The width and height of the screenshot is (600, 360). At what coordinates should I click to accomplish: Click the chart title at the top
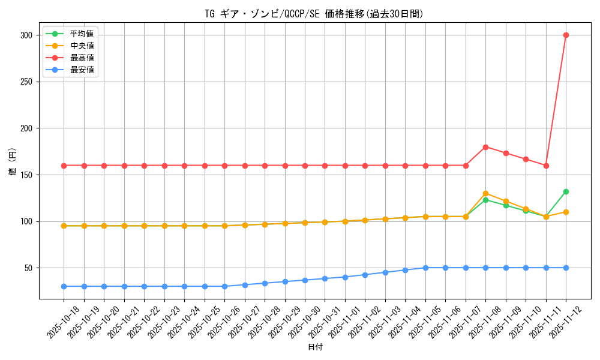314,14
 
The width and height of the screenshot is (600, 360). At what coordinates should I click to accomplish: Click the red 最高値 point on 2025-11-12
566,35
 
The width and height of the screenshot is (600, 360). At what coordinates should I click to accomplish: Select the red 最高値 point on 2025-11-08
485,147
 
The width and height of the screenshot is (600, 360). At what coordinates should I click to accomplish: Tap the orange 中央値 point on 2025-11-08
485,193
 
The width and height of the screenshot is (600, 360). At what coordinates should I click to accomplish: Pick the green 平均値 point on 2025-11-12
566,191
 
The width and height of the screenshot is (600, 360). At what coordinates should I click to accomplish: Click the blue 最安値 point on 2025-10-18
64,286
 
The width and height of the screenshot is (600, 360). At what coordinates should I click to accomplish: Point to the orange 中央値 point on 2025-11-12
566,212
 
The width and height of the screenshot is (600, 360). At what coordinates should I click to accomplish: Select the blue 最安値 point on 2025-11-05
425,268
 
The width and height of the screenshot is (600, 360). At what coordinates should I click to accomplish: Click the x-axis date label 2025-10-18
62,322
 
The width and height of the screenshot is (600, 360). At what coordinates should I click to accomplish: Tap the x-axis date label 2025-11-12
565,322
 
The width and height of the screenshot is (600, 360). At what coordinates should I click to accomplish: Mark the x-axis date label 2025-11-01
344,322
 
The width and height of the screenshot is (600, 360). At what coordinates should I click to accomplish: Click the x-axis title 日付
315,347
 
